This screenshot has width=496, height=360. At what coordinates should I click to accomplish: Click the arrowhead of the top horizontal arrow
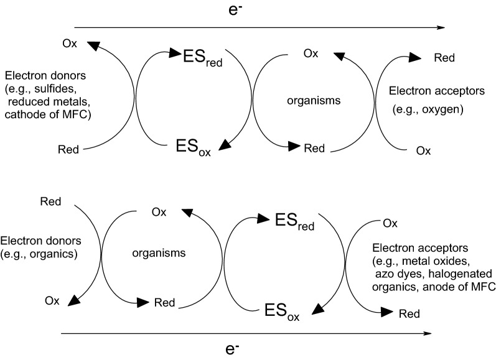coord(441,27)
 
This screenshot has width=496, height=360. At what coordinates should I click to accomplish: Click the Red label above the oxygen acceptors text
coord(444,58)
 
